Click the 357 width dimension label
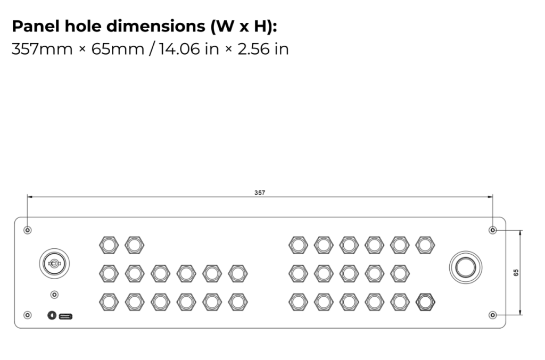pos(260,192)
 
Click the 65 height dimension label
pos(516,272)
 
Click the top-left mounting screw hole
pos(28,230)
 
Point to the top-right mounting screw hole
pos(493,230)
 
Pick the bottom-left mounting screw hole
pos(28,315)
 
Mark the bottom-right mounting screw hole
pos(493,315)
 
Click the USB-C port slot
pos(66,316)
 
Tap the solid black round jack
pos(52,316)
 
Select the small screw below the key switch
pos(54,294)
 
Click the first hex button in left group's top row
pos(109,245)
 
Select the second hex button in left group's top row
pos(134,245)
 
